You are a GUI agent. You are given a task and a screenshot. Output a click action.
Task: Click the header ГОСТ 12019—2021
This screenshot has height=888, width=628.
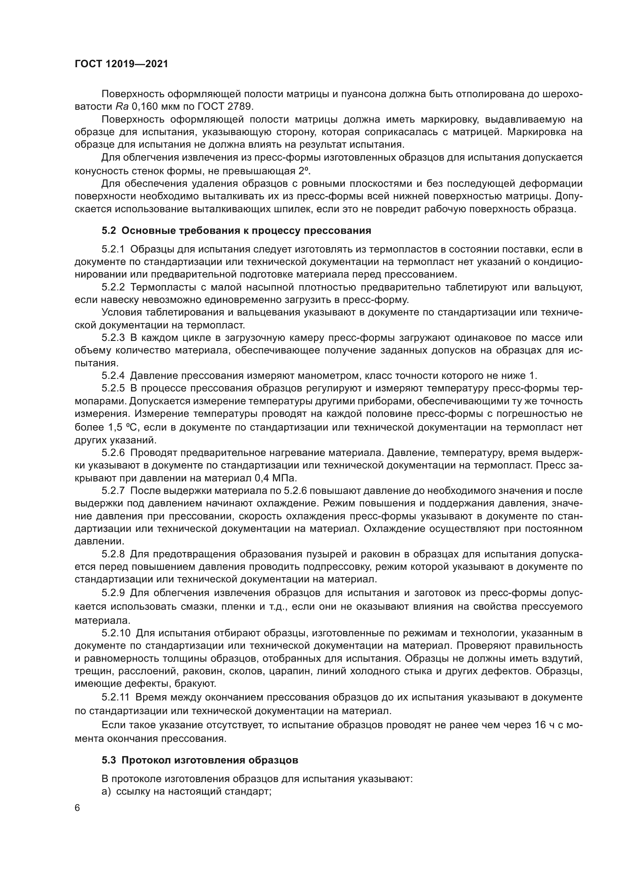[x=121, y=64]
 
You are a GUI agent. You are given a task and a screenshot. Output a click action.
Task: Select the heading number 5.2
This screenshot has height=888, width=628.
[x=109, y=231]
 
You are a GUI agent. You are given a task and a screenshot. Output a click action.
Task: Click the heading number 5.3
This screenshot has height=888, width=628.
[x=109, y=749]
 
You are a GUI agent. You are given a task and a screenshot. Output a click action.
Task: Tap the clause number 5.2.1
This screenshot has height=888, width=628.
[x=113, y=249]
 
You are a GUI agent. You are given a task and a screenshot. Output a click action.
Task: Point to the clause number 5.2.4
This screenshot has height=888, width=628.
[x=113, y=375]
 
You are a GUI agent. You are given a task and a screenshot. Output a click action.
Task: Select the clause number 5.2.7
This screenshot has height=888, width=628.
[x=113, y=491]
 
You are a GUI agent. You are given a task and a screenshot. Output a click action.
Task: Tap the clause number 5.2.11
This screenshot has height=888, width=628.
[x=116, y=697]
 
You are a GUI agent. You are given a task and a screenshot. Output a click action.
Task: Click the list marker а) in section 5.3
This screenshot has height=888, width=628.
[x=106, y=791]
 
